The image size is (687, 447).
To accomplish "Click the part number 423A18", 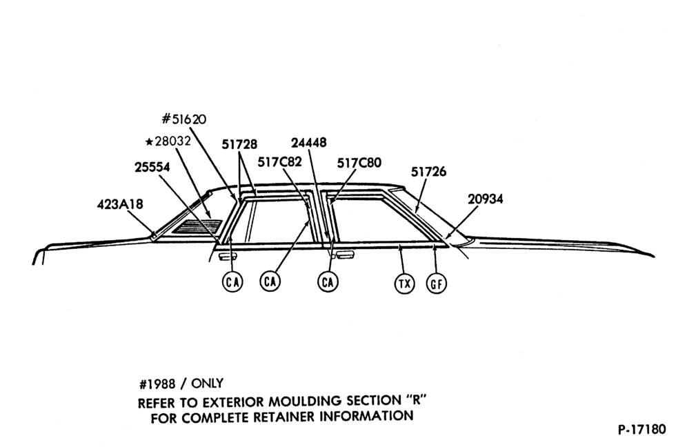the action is pos(120,204).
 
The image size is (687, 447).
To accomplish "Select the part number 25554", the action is pos(152,167).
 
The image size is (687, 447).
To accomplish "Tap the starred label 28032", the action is pos(168,141).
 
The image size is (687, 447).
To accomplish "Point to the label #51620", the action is pos(184,119).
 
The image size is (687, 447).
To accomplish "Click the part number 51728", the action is pos(239,144).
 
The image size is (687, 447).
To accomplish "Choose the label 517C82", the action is pos(279,162).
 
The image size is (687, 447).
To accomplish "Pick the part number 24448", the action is pos(309,143).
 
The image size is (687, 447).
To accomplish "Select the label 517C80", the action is pos(359,163).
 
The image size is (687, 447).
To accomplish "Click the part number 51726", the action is pos(428,172).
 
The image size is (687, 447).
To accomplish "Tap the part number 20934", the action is pos(486,199).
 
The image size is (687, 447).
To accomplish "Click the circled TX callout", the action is pos(404,284).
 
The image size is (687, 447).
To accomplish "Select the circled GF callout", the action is pos(437,284).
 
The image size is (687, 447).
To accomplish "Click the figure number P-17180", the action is pos(642,429).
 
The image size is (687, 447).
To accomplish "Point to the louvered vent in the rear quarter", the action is pos(197,226).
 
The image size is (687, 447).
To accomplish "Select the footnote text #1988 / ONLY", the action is pos(181,384).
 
